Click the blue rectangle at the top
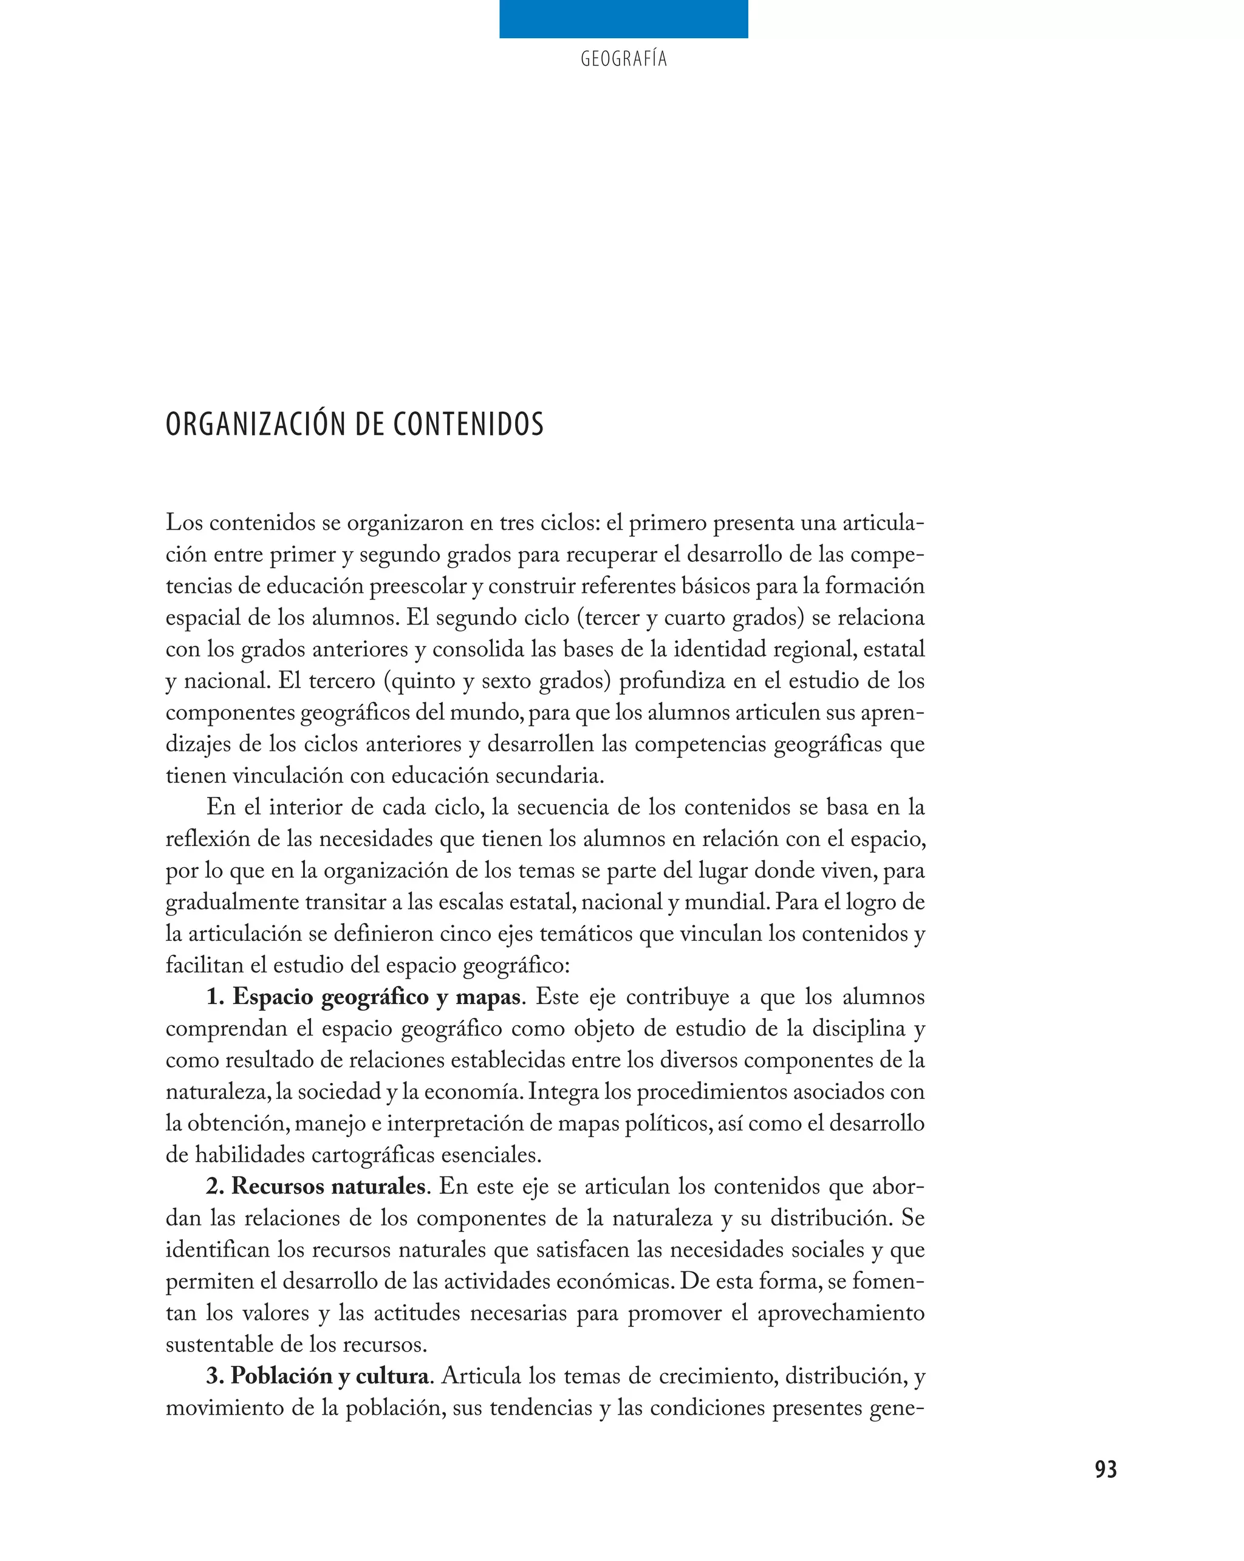tap(623, 19)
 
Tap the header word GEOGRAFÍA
tap(623, 60)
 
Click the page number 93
tap(1106, 1469)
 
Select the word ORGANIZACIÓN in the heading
tap(257, 425)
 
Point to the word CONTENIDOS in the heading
tap(468, 425)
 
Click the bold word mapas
tap(488, 998)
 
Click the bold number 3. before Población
tap(215, 1376)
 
